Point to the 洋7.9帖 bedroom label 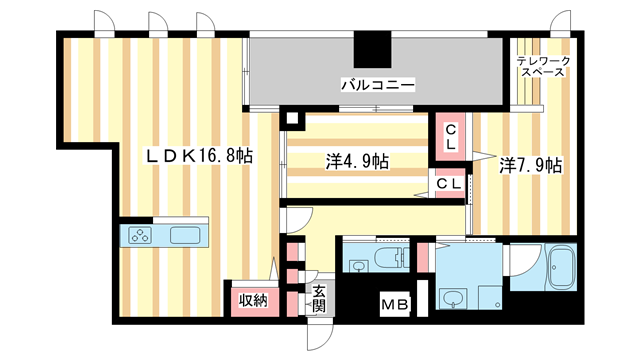pos(530,165)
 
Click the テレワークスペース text pos(543,68)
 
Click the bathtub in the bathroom pos(561,270)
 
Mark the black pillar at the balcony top pos(372,48)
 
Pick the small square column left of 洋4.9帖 pos(291,118)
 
